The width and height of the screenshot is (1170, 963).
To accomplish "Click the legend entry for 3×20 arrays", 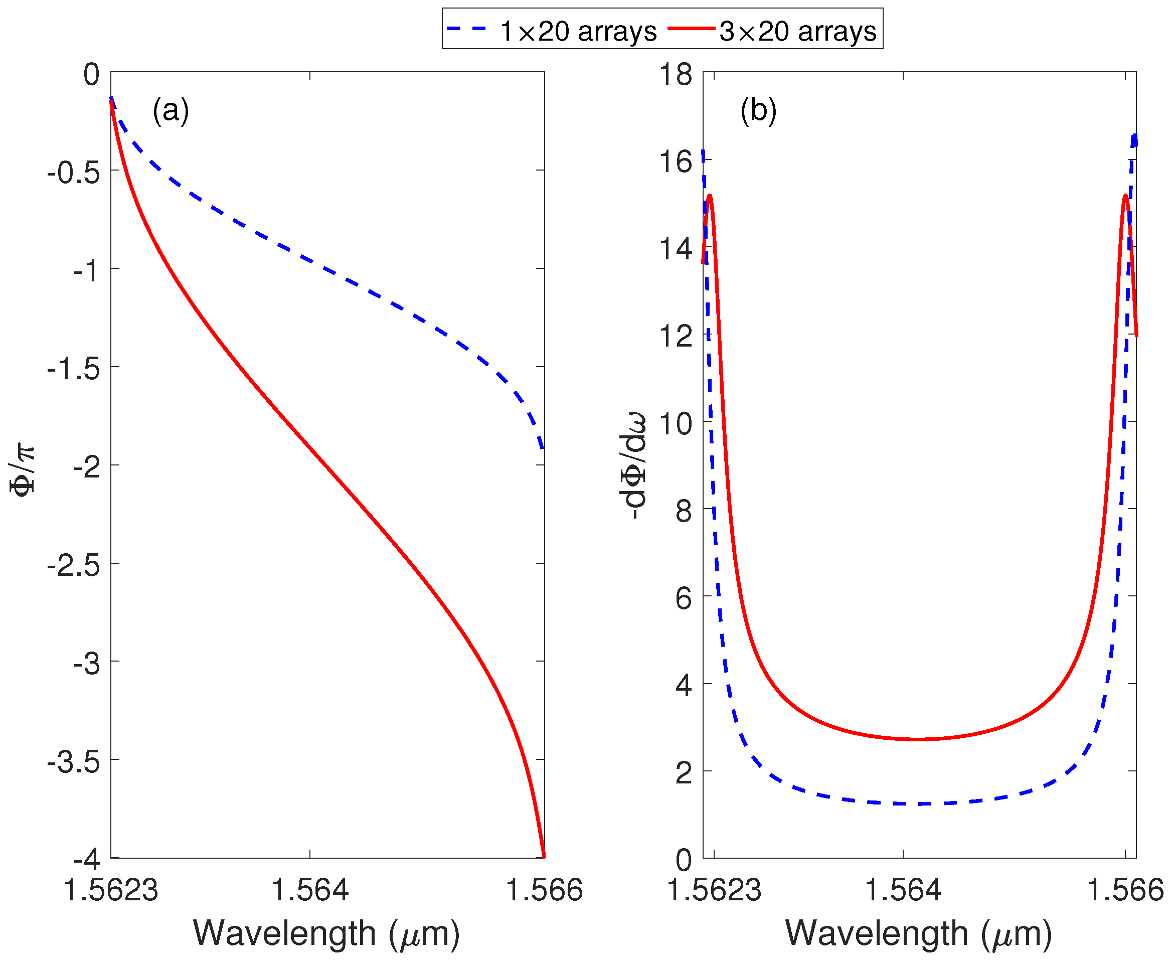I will (x=773, y=31).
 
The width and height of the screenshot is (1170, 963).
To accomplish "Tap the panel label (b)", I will (x=758, y=110).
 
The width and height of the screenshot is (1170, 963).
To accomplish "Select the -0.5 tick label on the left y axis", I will (x=74, y=173).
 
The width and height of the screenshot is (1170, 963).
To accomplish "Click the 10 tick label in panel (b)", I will (x=676, y=423).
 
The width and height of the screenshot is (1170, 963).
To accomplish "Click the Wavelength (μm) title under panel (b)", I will (x=918, y=933).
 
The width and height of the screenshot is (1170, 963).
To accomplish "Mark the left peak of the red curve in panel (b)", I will (x=709, y=195).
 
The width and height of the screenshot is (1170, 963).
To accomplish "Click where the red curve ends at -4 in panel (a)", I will (x=544, y=857).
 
